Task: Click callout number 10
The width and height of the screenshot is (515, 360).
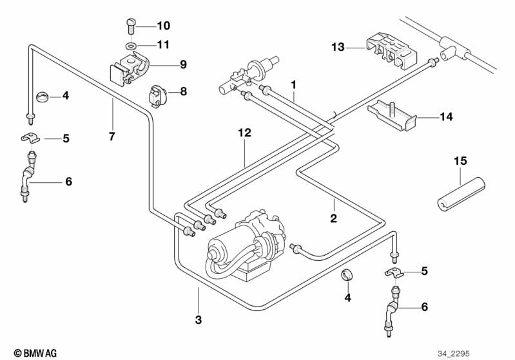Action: (x=163, y=26)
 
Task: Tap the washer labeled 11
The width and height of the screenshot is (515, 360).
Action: (x=130, y=46)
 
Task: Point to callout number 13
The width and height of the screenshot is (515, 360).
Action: (x=339, y=47)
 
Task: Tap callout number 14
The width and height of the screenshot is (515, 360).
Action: (x=446, y=117)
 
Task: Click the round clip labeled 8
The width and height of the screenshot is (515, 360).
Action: (x=158, y=95)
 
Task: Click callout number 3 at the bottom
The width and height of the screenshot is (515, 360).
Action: (x=199, y=319)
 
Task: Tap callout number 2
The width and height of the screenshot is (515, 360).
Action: (x=334, y=219)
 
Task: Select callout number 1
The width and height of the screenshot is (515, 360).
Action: (x=294, y=84)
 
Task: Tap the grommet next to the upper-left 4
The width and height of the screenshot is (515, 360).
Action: (x=43, y=97)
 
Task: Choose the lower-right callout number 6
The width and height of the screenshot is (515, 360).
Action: (x=423, y=307)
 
